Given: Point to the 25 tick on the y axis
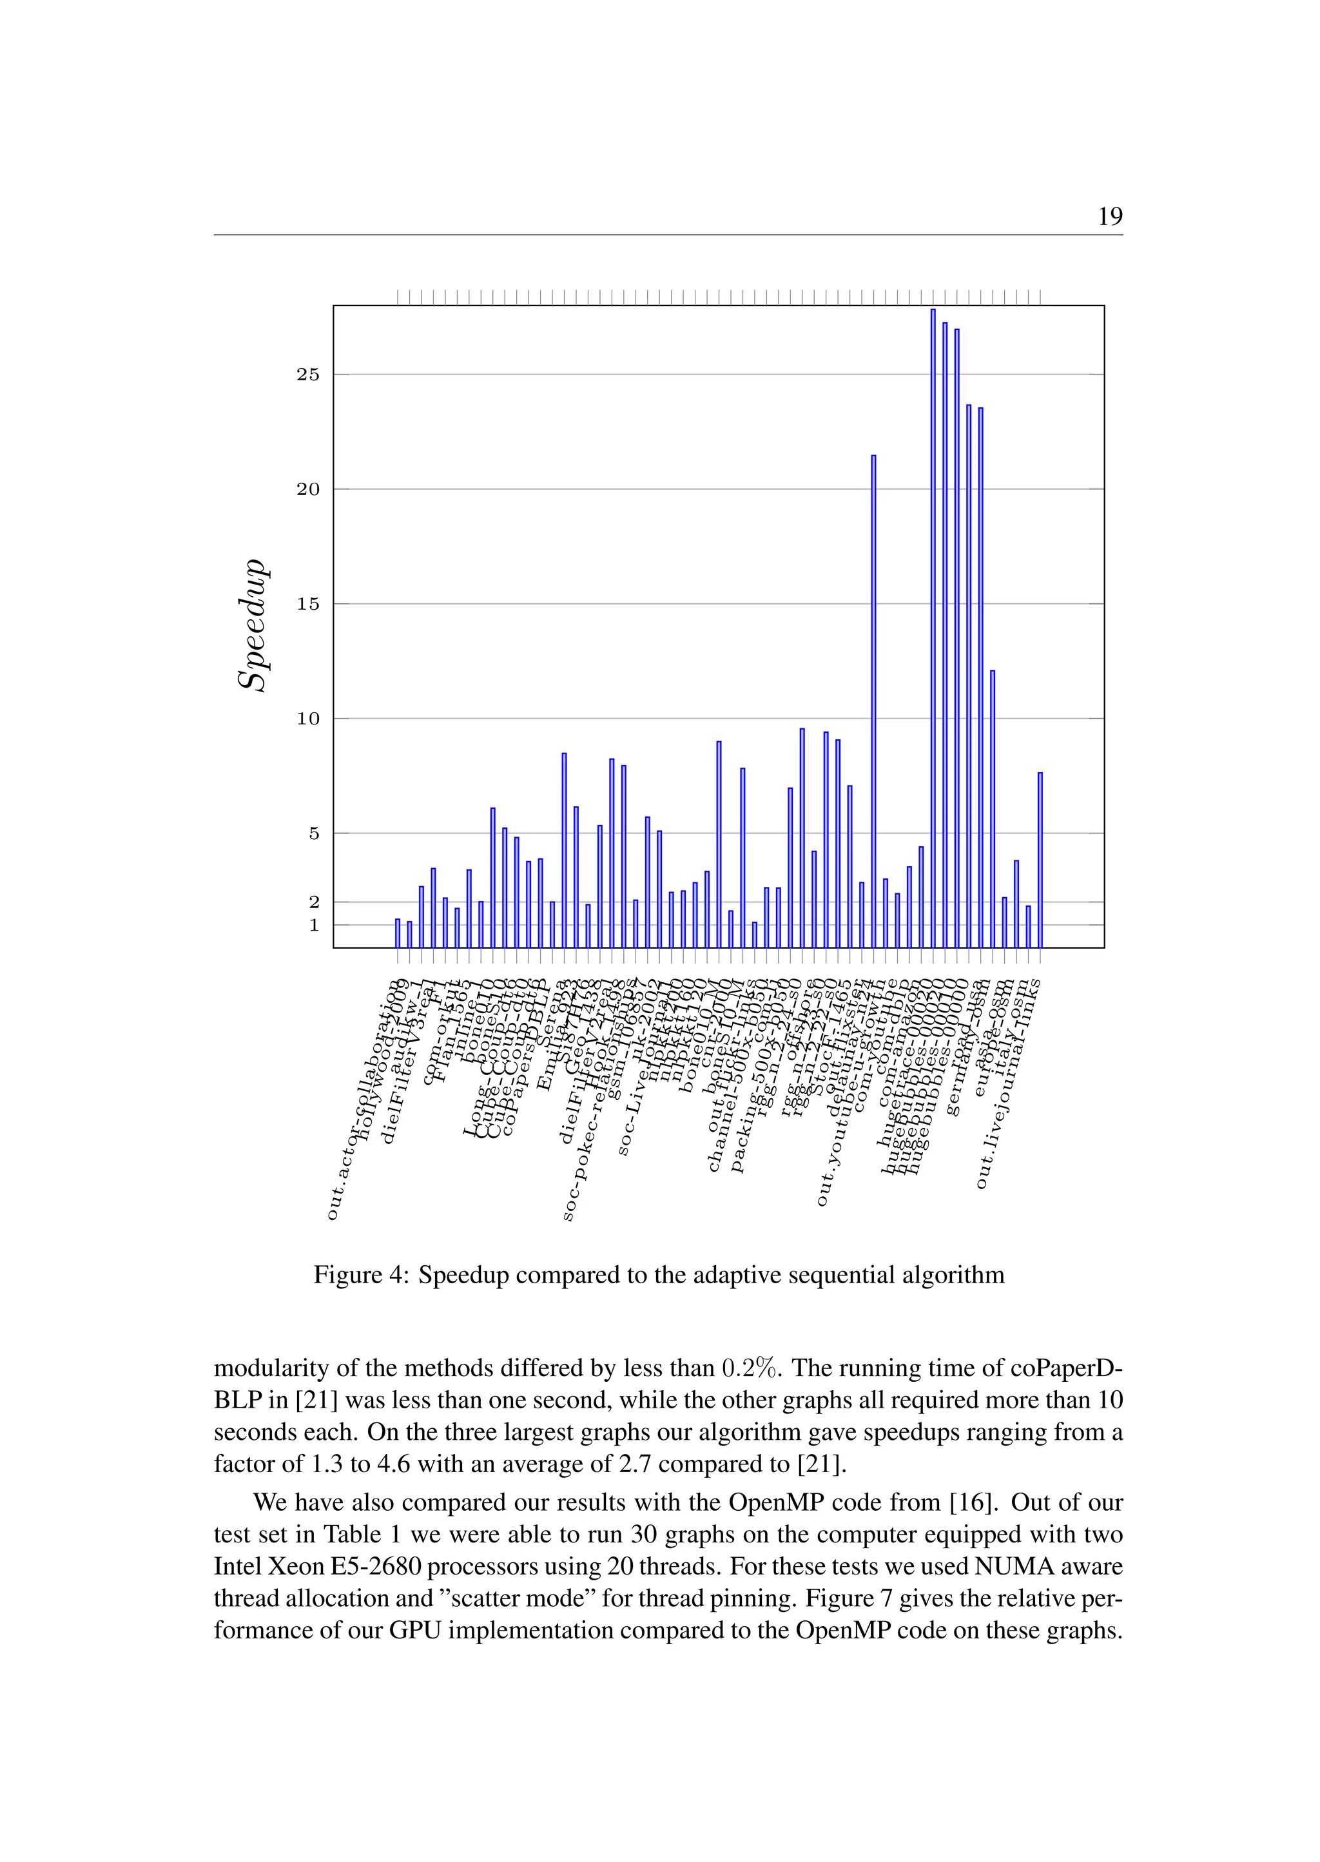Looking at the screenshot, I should coord(308,374).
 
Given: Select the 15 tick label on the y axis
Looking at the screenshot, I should coord(308,604).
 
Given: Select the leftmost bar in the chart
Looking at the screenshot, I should coord(398,933).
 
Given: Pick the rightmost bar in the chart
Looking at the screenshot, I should coord(1040,860).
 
